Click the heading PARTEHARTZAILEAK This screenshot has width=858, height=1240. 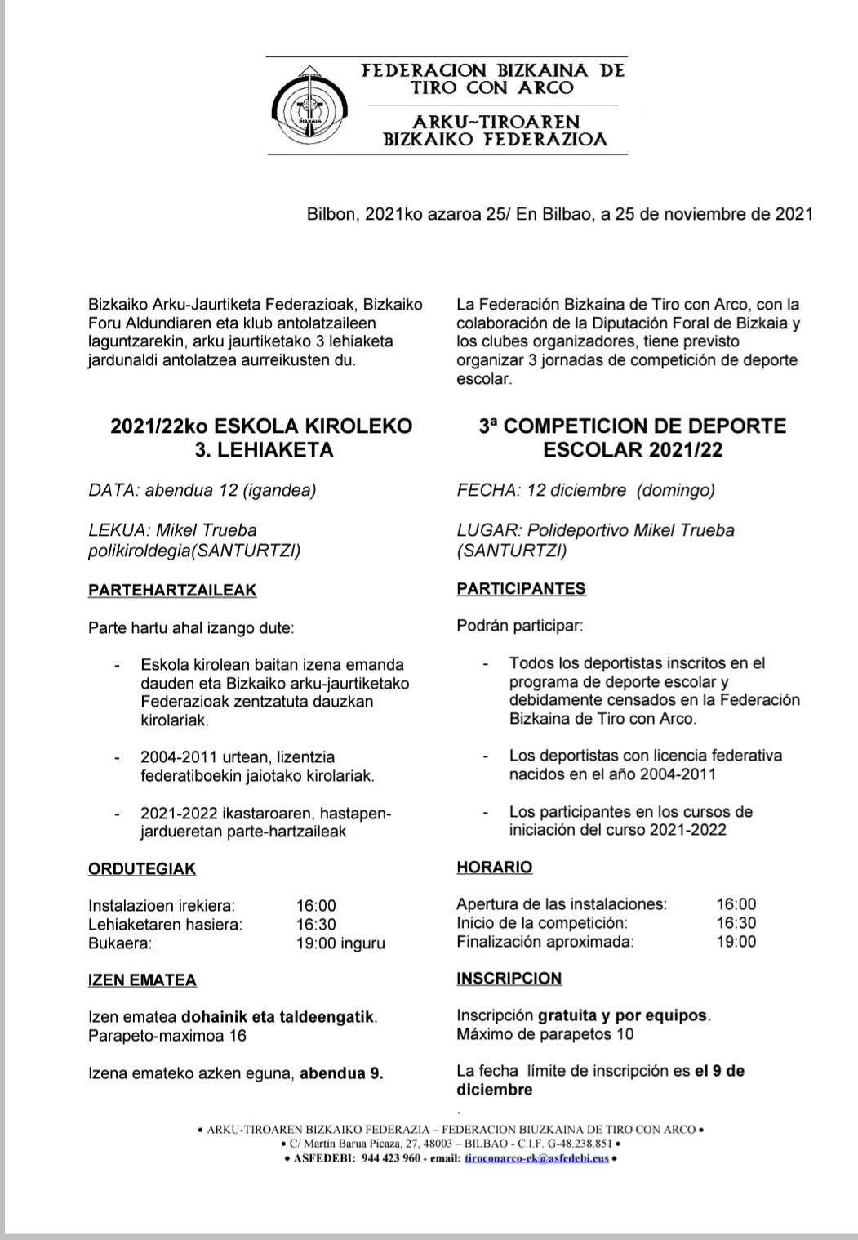pos(171,590)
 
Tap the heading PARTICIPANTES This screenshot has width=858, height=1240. pos(521,588)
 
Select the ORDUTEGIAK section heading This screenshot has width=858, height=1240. pos(142,869)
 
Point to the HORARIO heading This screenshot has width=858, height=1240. pos(494,868)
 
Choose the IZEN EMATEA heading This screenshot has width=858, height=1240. pos(142,980)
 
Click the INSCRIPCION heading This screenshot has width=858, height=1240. pos(509,979)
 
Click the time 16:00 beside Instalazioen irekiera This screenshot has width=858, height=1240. pos(316,906)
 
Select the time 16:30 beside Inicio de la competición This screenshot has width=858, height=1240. pos(736,923)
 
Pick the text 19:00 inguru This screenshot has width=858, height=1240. pos(340,943)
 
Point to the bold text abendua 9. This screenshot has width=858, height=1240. pos(341,1073)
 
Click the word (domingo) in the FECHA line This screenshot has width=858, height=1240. pos(676,490)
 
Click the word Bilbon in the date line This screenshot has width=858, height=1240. pos(331,214)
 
